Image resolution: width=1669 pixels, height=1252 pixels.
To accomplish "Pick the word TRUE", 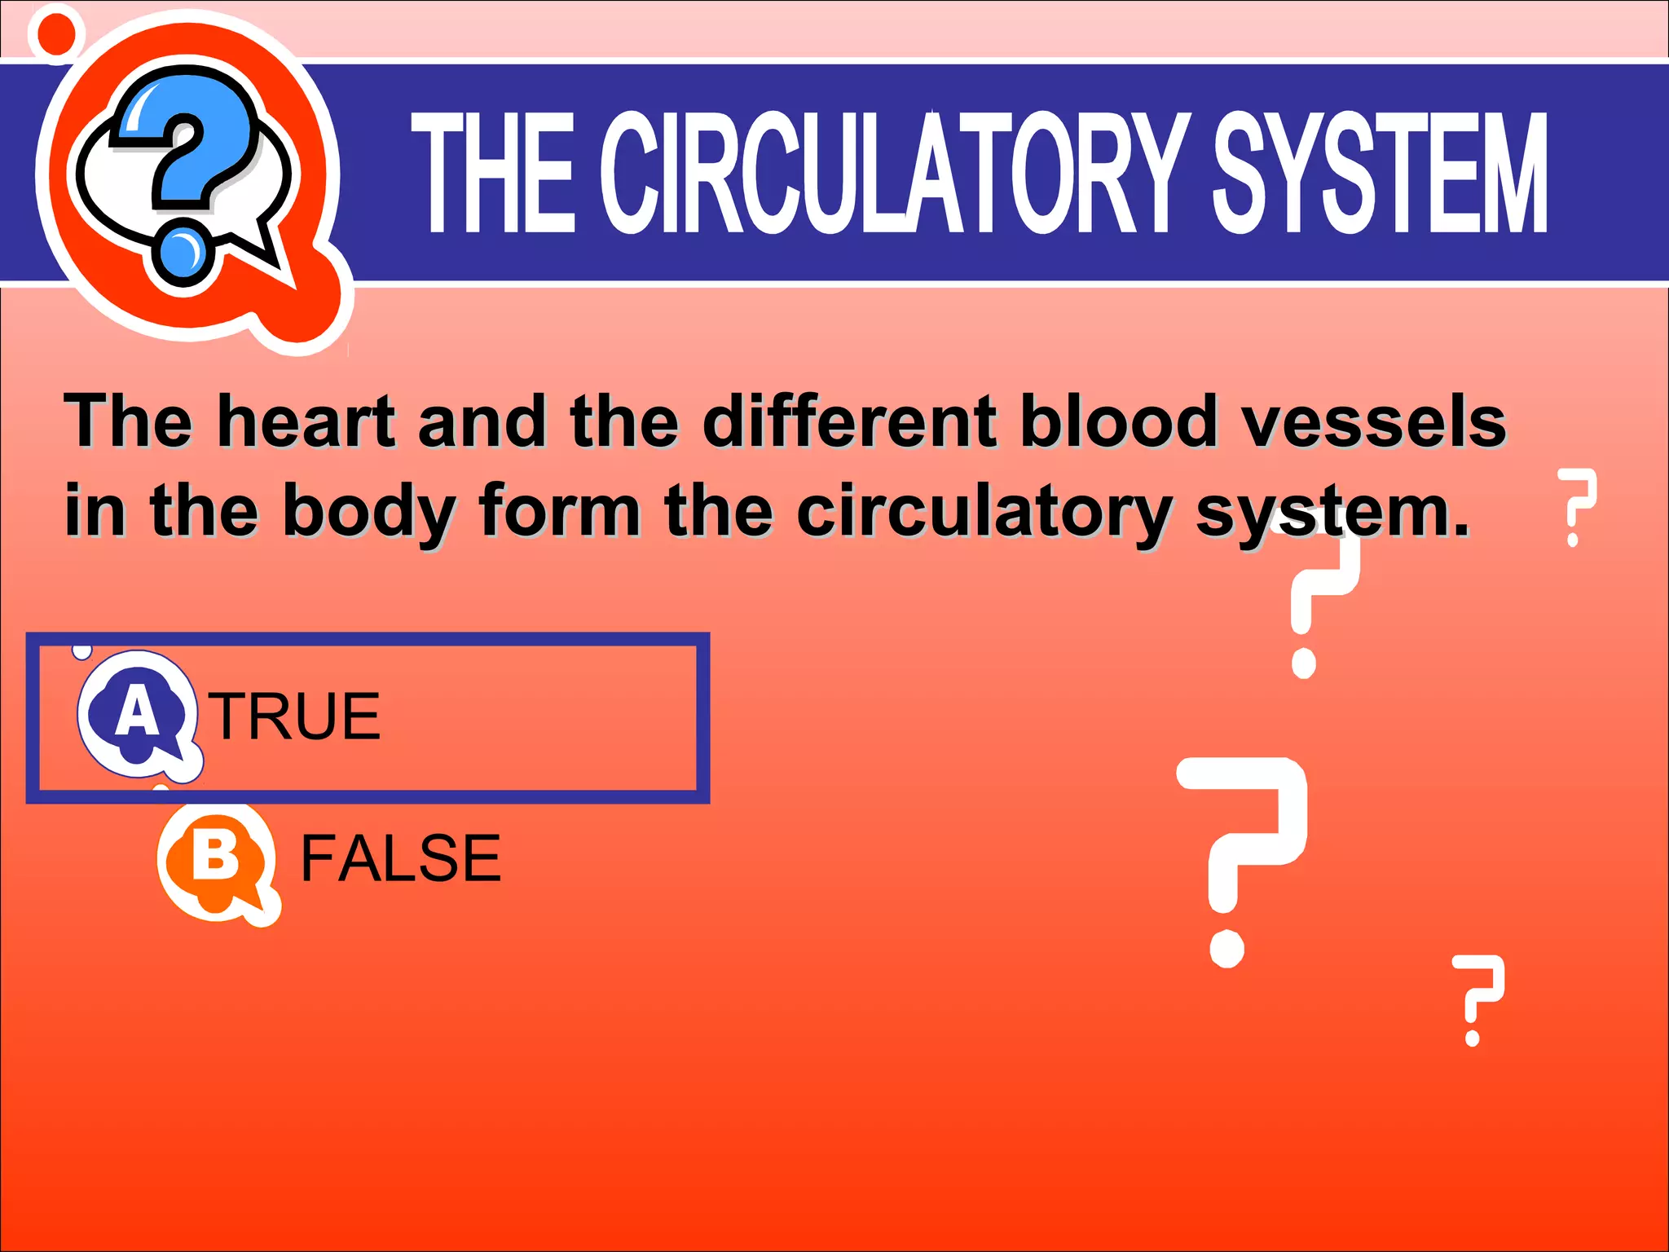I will coord(295,716).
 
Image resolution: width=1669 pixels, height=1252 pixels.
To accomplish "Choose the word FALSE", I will coord(400,858).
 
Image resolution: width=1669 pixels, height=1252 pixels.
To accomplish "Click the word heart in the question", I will coord(306,421).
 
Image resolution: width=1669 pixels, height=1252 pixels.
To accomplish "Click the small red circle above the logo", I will coord(55,33).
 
